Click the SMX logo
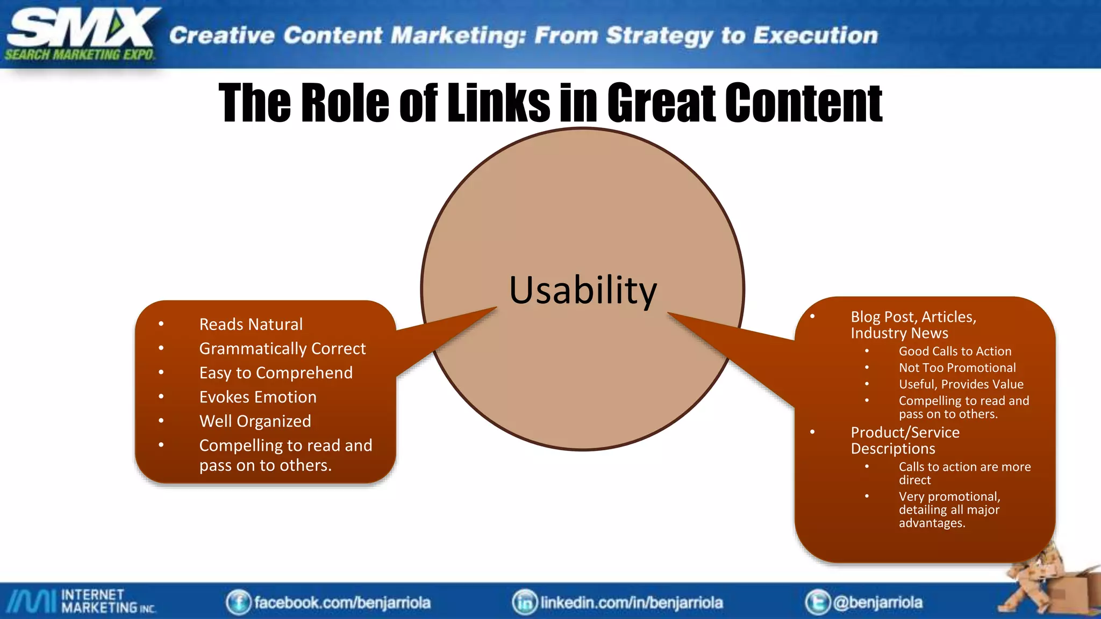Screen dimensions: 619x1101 pos(81,33)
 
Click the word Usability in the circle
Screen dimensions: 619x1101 pos(583,291)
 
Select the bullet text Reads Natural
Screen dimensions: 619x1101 pos(251,325)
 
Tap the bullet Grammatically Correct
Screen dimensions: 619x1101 pos(282,349)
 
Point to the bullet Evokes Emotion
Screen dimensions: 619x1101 pos(258,397)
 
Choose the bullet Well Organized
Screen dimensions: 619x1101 pos(255,421)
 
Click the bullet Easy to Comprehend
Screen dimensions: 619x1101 pos(276,373)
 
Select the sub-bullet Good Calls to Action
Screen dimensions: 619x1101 pos(955,351)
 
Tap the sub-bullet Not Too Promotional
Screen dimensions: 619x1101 pos(957,368)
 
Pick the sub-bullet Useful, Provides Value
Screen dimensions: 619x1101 pos(961,385)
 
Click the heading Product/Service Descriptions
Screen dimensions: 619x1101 pos(905,441)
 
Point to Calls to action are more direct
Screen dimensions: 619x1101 pos(964,473)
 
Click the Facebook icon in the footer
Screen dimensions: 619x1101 pos(238,602)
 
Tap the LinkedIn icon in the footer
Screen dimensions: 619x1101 pos(525,602)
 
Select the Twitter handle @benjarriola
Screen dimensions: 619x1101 pos(877,602)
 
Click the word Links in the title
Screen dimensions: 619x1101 pos(498,103)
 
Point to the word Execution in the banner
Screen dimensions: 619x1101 pos(815,35)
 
